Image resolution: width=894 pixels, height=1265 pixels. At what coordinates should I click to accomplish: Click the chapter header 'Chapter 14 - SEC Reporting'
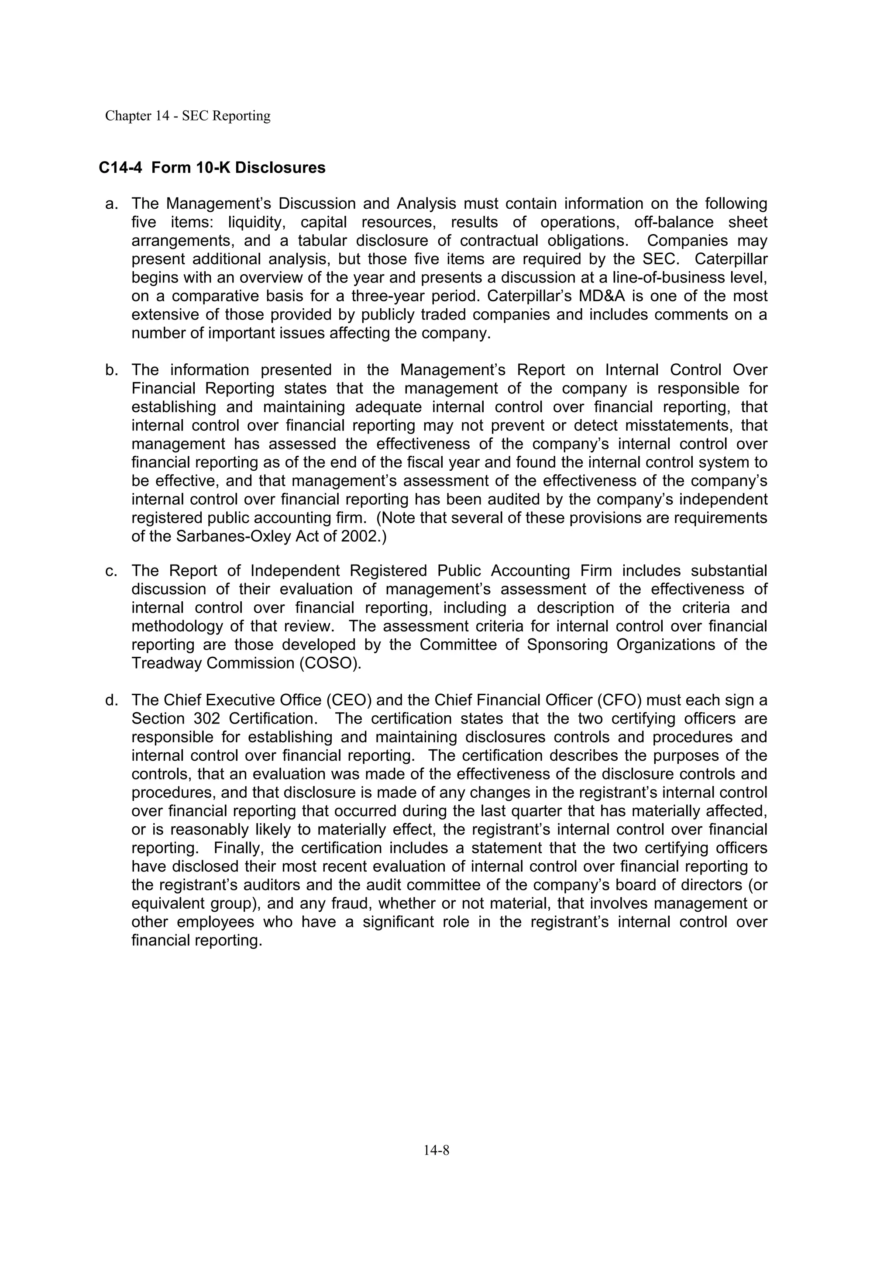[188, 116]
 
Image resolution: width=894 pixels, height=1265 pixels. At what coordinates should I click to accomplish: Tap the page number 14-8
[436, 1150]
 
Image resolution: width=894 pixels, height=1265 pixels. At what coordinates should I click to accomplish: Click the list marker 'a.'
[112, 204]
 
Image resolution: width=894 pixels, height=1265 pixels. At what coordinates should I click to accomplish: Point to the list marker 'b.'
[112, 370]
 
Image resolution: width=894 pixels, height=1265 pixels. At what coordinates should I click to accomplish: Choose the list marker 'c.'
[112, 571]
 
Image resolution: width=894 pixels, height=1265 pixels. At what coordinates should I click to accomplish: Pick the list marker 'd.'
[112, 700]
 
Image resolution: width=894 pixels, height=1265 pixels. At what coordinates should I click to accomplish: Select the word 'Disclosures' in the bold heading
[280, 168]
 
